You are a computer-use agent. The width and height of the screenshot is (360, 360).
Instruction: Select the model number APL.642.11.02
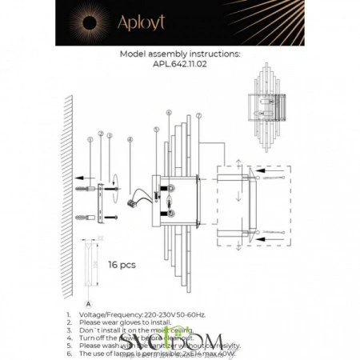(x=179, y=67)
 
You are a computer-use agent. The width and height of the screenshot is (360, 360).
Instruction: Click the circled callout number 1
(x=90, y=140)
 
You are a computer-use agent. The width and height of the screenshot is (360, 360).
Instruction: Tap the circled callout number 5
(x=156, y=129)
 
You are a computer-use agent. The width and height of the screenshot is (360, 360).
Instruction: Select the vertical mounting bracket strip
(x=99, y=202)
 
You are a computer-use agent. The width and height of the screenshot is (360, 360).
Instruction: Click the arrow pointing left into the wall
(x=77, y=178)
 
